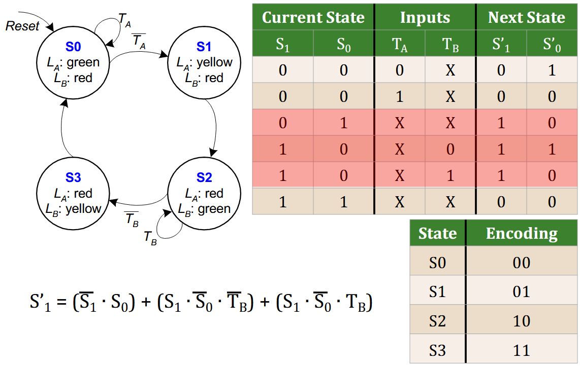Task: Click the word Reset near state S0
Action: [x=22, y=26]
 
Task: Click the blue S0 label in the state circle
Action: [x=73, y=47]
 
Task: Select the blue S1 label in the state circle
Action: [x=204, y=47]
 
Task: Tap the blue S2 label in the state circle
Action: [x=204, y=178]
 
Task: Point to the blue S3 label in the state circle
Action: [x=73, y=178]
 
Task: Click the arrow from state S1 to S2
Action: [x=215, y=127]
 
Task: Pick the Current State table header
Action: [x=313, y=18]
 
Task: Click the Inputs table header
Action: [x=425, y=18]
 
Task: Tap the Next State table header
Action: [x=526, y=18]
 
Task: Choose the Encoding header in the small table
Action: [x=522, y=234]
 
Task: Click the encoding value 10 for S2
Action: [x=522, y=321]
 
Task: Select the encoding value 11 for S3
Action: [x=522, y=350]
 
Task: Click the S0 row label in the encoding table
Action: [x=437, y=263]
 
